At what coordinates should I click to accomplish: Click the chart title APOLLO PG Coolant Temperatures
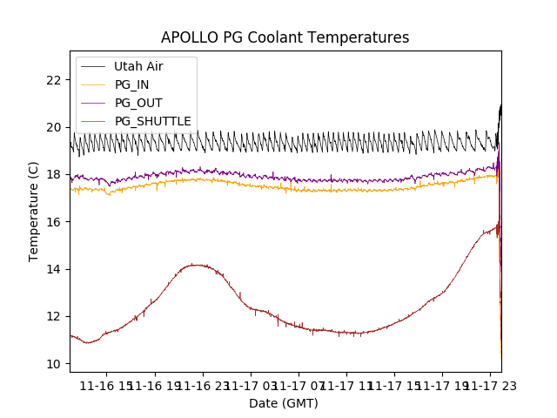coord(285,37)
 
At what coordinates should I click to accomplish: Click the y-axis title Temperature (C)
coord(34,211)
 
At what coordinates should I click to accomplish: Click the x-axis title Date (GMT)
coord(284,403)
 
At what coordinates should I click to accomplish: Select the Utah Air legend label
coord(138,66)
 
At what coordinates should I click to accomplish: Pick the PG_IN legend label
coord(131,84)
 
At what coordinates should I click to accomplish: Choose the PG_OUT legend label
coord(138,103)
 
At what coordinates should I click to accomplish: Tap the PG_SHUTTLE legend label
coord(152,121)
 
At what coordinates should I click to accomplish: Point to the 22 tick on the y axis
coord(54,80)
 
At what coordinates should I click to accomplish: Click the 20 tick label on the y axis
coord(54,127)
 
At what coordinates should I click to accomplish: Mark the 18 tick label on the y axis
coord(54,174)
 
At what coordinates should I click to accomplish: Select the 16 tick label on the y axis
coord(54,222)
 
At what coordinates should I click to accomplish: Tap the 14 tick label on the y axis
coord(54,269)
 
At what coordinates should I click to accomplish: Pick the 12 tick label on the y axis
coord(54,316)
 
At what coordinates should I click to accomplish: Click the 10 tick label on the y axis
coord(54,364)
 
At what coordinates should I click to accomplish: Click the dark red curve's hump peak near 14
coord(197,265)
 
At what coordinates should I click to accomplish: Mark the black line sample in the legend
coord(92,66)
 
